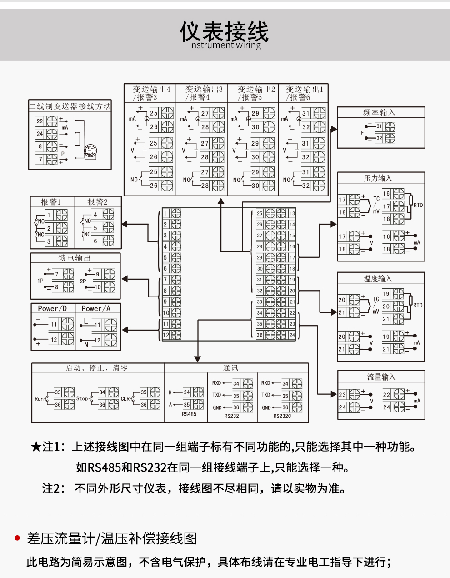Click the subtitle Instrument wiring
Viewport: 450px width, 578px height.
click(x=225, y=45)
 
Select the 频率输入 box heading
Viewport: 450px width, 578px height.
click(x=380, y=112)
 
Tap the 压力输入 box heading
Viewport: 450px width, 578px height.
click(x=378, y=178)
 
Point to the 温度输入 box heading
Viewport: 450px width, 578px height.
click(x=378, y=278)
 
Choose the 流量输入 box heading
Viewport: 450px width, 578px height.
click(x=381, y=377)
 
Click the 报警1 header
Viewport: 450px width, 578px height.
click(x=50, y=202)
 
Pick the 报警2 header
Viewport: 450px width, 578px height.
click(x=98, y=202)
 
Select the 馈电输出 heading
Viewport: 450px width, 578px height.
click(x=75, y=258)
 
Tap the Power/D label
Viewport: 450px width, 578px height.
click(x=52, y=308)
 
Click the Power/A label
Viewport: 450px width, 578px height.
click(x=96, y=308)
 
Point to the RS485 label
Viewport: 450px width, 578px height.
click(x=189, y=414)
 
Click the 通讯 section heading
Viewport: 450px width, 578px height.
click(x=230, y=368)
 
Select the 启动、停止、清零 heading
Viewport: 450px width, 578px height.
click(x=97, y=368)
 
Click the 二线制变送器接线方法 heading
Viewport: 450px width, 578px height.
click(x=70, y=106)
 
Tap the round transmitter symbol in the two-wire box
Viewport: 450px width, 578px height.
click(x=90, y=151)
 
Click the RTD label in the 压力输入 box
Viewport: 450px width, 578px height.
click(x=418, y=205)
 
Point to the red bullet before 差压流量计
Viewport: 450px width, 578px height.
click(x=18, y=538)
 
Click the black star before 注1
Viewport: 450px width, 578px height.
click(x=36, y=447)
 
